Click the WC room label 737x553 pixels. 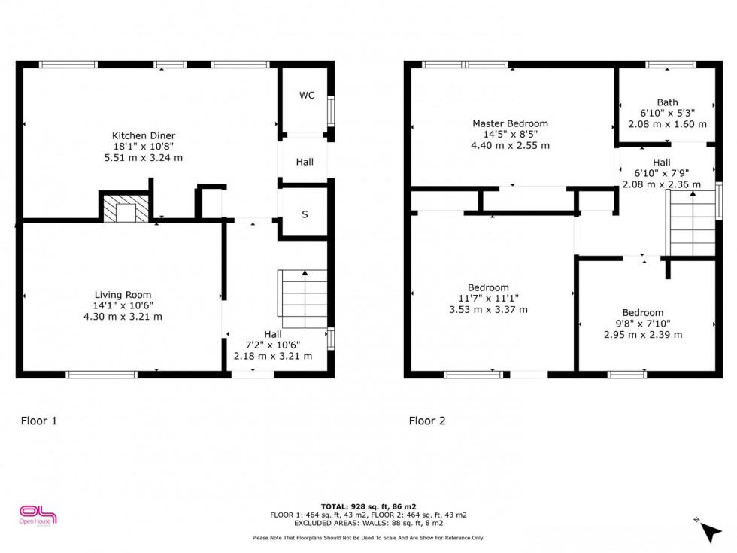307,96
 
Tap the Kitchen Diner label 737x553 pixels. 144,136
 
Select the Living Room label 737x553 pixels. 123,295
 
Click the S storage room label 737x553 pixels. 305,214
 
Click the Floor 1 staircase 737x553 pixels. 302,299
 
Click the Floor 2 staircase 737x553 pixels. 690,224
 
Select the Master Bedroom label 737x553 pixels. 510,123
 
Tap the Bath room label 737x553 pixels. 668,102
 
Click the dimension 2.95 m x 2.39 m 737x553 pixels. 643,335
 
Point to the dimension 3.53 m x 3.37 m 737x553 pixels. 488,310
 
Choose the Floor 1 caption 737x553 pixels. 39,421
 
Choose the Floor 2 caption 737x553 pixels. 427,421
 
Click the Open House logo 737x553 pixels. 38,515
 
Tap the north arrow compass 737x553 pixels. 708,530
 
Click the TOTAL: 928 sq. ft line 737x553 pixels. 368,506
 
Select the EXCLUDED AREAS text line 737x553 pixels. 368,523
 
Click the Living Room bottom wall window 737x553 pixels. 102,375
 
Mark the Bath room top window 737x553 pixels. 671,65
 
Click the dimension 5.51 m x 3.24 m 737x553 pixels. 144,158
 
